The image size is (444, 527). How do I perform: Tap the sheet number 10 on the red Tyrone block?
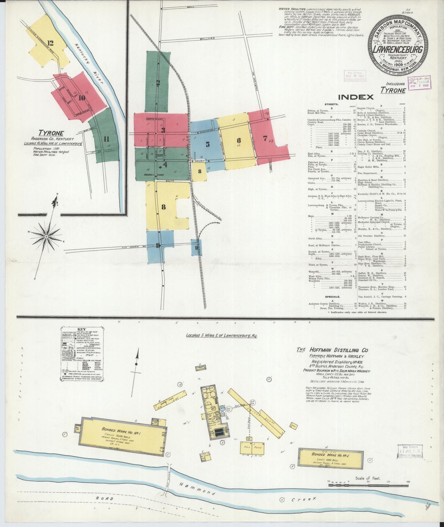pyautogui.click(x=81, y=98)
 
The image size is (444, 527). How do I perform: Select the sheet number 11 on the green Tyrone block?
pyautogui.click(x=106, y=139)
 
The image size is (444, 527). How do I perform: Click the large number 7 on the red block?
pyautogui.click(x=265, y=138)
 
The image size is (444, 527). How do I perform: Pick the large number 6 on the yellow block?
pyautogui.click(x=238, y=141)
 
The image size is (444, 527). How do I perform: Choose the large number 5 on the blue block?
pyautogui.click(x=208, y=144)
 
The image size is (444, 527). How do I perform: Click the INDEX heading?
pyautogui.click(x=356, y=97)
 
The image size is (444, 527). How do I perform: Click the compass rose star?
pyautogui.click(x=47, y=236)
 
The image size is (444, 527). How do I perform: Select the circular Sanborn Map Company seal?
pyautogui.click(x=399, y=46)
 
